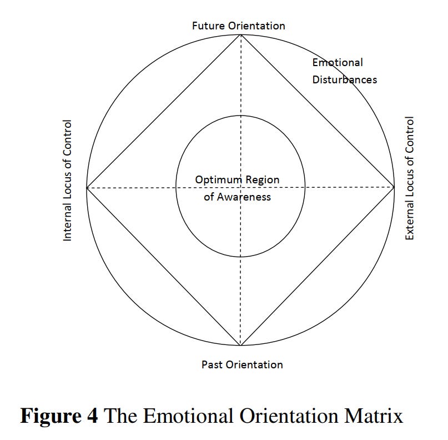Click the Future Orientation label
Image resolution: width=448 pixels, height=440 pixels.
(x=239, y=26)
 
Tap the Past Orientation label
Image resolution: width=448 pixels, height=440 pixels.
(x=242, y=364)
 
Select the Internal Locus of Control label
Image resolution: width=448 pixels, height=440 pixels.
(x=68, y=181)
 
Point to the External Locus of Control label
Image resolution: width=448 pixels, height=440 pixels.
(x=410, y=178)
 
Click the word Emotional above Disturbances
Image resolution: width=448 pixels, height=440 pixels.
(x=338, y=63)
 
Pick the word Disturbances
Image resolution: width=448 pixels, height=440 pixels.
(x=344, y=79)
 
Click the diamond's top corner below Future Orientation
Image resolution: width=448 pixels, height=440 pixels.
(x=240, y=35)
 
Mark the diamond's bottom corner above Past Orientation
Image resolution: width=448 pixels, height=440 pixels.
(x=240, y=345)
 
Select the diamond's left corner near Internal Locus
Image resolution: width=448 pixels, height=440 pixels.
(x=87, y=187)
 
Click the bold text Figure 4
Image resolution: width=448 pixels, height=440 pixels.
(x=59, y=416)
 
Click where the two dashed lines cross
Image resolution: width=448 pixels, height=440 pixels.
(x=240, y=187)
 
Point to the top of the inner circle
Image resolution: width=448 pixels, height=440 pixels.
(x=240, y=116)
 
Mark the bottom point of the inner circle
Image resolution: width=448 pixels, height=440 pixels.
(x=240, y=257)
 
